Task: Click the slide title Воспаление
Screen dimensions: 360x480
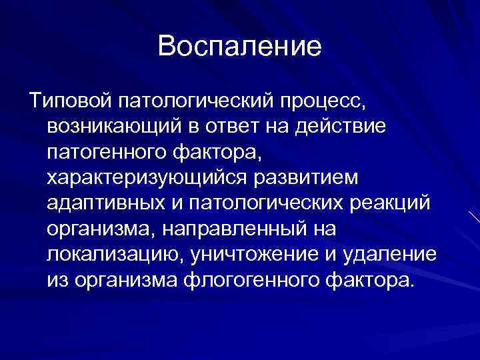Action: click(x=240, y=47)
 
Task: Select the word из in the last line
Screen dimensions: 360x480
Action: click(x=57, y=279)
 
